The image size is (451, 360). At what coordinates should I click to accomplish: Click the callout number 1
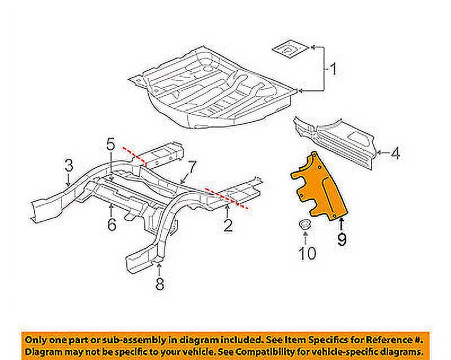333,70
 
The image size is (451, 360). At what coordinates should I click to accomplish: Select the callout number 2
228,226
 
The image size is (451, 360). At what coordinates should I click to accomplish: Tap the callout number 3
68,165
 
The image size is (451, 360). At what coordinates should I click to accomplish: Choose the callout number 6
112,225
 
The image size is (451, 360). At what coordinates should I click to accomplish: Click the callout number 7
191,166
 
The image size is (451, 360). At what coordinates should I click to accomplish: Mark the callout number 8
160,284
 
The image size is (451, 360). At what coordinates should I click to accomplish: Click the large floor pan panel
214,90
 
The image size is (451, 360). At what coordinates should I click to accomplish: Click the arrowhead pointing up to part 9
342,222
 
